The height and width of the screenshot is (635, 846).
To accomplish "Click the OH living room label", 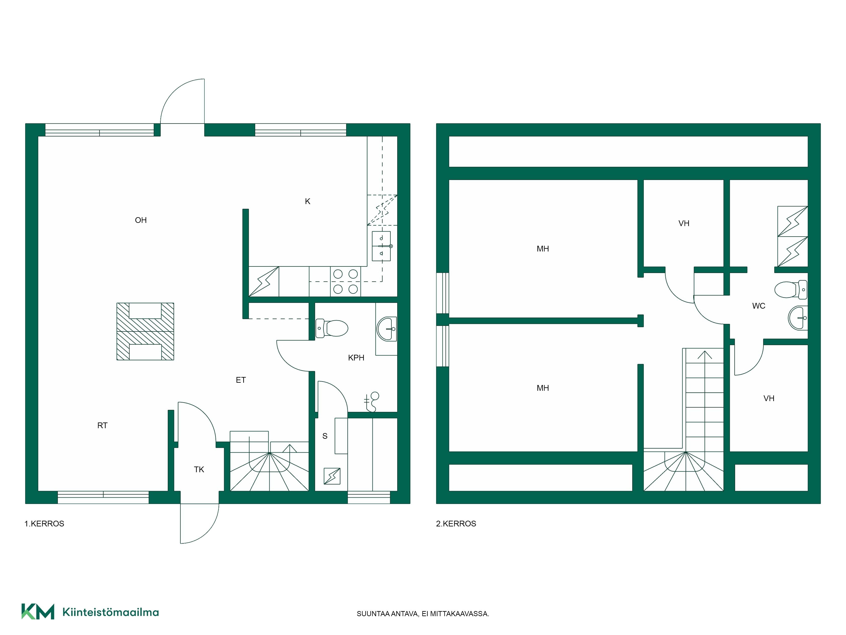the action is pyautogui.click(x=141, y=220).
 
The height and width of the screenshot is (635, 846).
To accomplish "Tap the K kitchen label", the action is pyautogui.click(x=308, y=201).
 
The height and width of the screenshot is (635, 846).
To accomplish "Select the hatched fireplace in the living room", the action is pyautogui.click(x=145, y=331).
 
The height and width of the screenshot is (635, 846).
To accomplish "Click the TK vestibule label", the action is pyautogui.click(x=199, y=469).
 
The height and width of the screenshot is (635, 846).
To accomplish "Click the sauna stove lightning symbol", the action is pyautogui.click(x=332, y=476).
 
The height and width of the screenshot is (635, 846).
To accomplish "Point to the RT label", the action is pyautogui.click(x=103, y=425).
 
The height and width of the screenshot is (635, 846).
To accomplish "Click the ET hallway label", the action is pyautogui.click(x=240, y=380).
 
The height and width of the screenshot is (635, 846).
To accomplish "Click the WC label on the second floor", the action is pyautogui.click(x=759, y=306).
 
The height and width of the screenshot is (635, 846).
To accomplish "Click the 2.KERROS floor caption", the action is pyautogui.click(x=456, y=524).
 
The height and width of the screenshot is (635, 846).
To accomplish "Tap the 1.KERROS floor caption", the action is pyautogui.click(x=44, y=524).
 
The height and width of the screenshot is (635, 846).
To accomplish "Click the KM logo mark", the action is pyautogui.click(x=37, y=611).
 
